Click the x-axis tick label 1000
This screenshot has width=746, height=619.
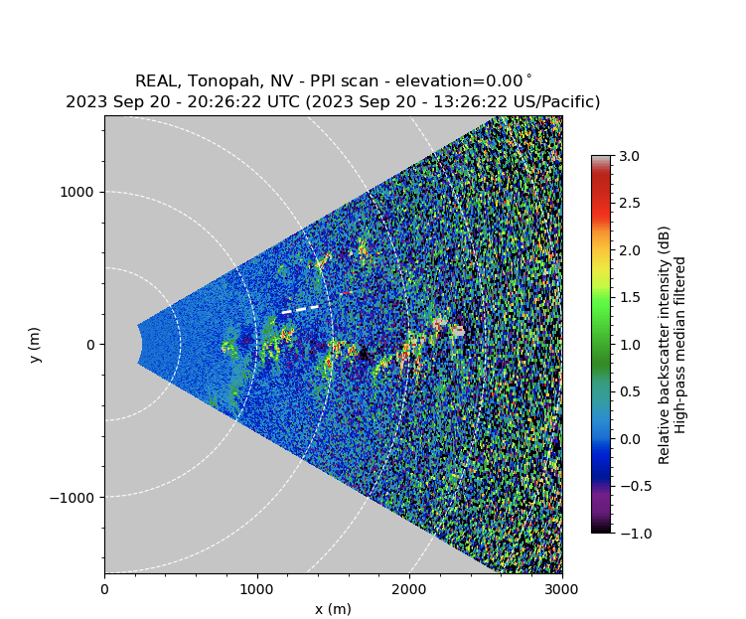257,589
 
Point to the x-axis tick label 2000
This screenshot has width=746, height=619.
409,589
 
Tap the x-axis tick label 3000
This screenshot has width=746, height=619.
562,589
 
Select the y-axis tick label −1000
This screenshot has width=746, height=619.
75,498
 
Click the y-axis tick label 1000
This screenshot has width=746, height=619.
79,193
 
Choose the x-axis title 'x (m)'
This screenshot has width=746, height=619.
333,609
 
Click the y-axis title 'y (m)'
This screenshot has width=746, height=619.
35,345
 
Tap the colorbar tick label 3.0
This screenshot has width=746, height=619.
630,156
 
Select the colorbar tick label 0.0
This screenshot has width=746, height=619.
630,439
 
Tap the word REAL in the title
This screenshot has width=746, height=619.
156,81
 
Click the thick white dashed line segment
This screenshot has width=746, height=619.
300,310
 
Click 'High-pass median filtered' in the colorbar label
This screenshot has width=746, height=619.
681,345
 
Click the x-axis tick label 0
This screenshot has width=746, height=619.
104,589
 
